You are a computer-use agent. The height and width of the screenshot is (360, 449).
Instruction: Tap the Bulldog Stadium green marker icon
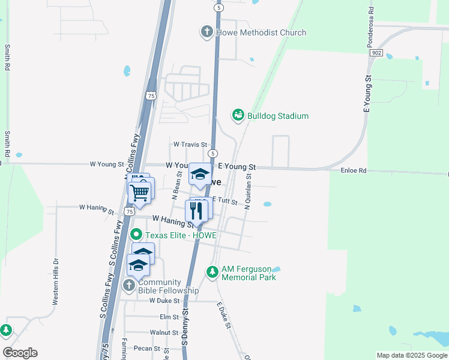tap(238, 115)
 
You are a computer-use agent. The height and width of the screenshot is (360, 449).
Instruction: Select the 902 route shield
tap(376, 53)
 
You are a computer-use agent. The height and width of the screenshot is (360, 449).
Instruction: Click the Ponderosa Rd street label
tap(371, 26)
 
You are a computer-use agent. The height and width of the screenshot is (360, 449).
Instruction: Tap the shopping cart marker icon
tap(139, 193)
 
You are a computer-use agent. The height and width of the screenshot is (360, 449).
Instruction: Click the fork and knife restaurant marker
tap(196, 211)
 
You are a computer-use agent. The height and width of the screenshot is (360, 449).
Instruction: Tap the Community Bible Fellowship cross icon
tap(129, 286)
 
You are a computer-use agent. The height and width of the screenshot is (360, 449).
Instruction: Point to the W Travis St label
tap(190, 145)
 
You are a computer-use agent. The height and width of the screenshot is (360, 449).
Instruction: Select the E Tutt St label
tap(225, 201)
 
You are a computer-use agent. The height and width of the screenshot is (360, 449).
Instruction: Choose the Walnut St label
tap(160, 332)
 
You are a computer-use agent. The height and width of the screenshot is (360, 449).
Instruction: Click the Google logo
tap(20, 353)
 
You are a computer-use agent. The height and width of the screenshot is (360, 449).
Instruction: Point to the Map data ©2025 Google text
tap(411, 355)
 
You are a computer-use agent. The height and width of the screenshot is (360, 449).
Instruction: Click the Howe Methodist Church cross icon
tap(207, 32)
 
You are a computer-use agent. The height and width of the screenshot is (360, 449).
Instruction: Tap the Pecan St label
tap(148, 348)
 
